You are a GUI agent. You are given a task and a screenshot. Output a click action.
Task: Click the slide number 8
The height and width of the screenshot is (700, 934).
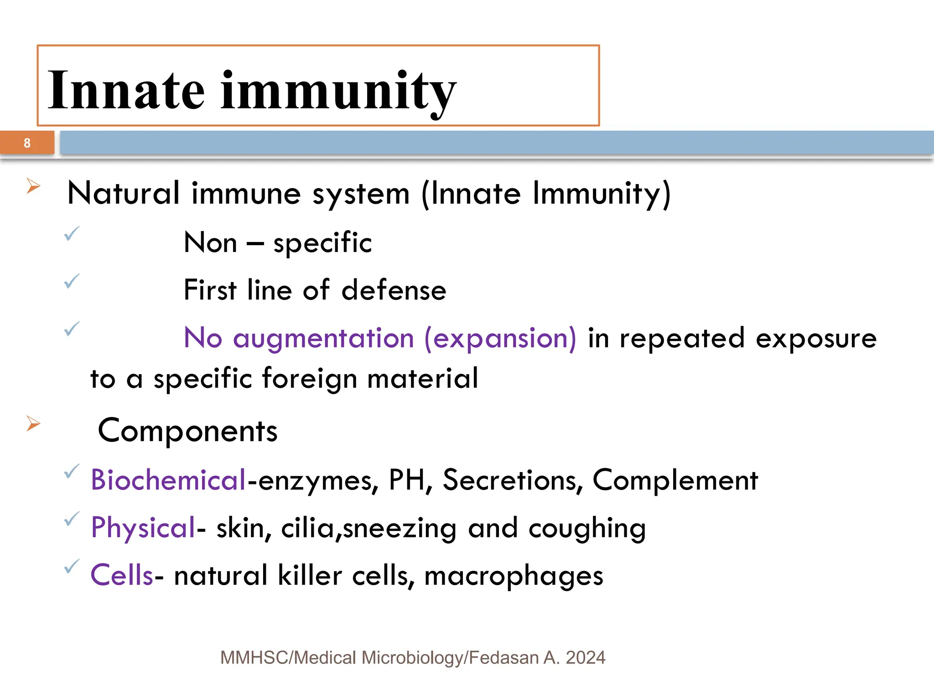point(27,143)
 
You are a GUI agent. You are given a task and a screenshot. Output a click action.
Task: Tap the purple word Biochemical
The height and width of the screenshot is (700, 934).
point(168,480)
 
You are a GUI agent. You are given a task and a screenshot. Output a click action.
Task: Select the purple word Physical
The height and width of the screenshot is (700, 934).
point(143,528)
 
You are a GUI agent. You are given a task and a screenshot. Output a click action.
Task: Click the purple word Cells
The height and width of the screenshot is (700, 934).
point(122,575)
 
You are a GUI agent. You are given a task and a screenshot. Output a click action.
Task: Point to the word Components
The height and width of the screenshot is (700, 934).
point(187,431)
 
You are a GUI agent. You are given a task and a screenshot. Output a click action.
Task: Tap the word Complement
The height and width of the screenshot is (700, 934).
point(675,480)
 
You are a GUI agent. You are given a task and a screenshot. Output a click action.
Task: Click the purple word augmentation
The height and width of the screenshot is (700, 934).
point(323,339)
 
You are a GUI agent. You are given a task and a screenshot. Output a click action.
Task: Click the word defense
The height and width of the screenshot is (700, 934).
point(394,290)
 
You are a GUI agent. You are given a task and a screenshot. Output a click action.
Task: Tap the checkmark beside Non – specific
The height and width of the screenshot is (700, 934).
point(72,234)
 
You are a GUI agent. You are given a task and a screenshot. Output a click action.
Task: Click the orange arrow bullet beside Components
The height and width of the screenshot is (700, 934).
point(33,423)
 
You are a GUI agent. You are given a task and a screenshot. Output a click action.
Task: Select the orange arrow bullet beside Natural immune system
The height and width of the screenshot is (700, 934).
point(33,186)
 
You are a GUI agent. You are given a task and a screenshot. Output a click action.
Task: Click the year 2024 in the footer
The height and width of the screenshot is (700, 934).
point(585,658)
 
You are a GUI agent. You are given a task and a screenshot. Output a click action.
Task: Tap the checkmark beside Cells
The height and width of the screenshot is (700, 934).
point(72,566)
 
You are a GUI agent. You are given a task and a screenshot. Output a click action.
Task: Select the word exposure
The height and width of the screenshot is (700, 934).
point(816,339)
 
